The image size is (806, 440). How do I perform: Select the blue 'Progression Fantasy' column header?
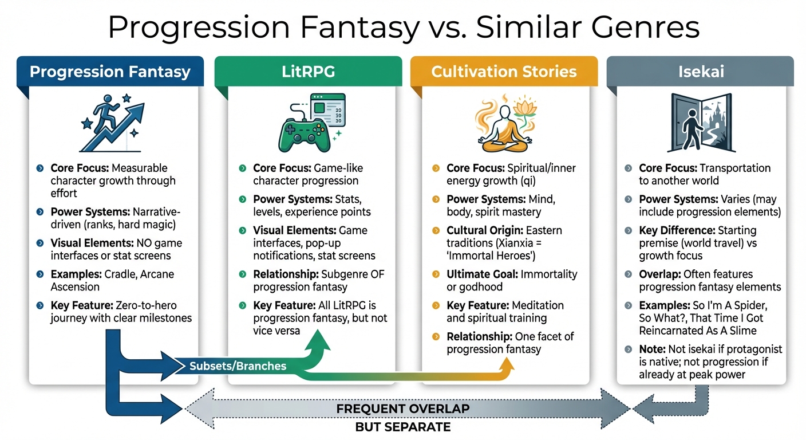point(110,72)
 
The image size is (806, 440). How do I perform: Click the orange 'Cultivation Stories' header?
point(504,72)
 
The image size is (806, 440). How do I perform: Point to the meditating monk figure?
point(497,129)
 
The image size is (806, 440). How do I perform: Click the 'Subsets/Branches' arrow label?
point(238,366)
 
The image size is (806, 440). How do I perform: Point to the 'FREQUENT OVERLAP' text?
point(402,409)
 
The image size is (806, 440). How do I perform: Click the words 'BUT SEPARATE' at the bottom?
point(402,427)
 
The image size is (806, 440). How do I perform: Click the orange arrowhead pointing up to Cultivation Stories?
point(506,366)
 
